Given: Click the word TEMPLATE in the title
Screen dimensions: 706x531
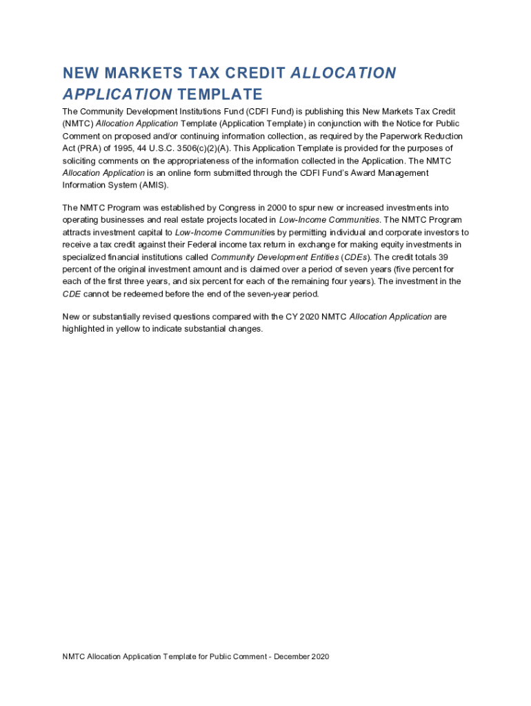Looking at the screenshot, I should click(219, 94).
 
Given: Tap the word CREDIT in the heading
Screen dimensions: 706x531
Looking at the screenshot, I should click(255, 73).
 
